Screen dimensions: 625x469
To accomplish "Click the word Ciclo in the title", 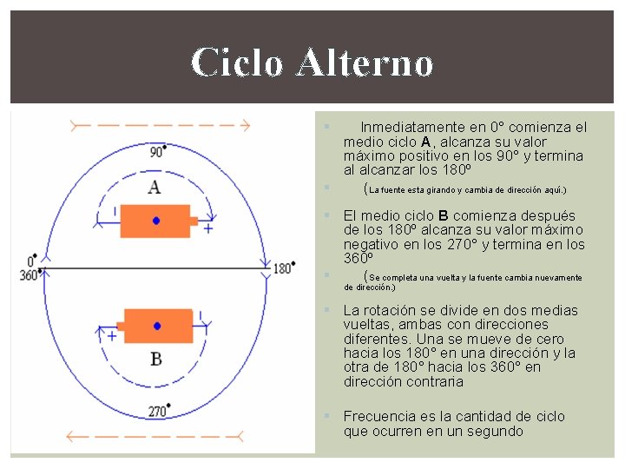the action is [x=236, y=63].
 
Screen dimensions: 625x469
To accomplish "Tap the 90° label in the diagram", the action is [x=157, y=153].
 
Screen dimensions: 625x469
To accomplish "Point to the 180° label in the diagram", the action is [x=284, y=268].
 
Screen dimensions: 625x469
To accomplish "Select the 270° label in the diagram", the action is [x=157, y=411].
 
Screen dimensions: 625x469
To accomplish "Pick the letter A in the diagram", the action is [x=154, y=186].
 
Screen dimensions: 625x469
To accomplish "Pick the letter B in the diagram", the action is [x=156, y=358].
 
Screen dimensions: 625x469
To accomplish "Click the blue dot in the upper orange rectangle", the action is [x=156, y=221].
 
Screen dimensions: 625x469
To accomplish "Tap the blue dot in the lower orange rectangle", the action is [x=157, y=326].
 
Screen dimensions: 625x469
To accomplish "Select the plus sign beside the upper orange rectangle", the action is [x=207, y=228].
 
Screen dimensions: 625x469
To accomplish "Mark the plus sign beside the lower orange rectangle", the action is [x=112, y=334].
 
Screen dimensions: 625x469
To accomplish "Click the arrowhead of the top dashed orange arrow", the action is [x=245, y=126].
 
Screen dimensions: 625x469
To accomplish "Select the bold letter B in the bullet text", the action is [x=443, y=215].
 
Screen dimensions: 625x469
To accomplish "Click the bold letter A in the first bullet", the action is [x=425, y=142].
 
